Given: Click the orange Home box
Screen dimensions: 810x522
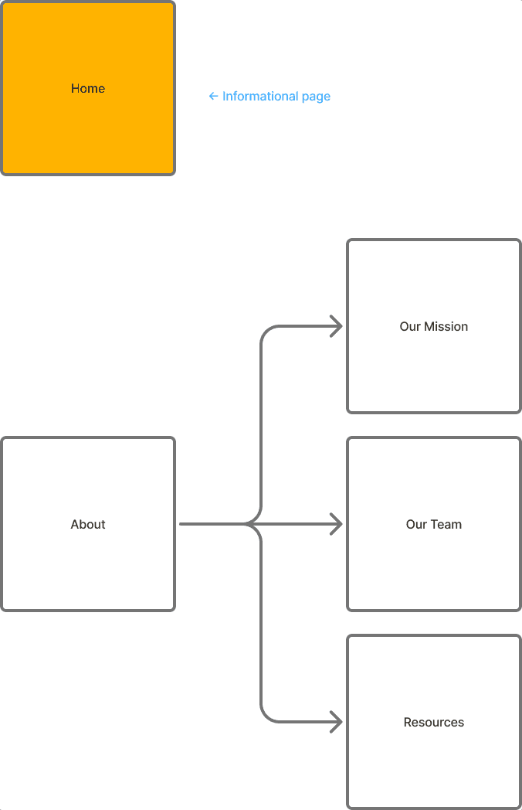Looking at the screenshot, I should click(88, 46).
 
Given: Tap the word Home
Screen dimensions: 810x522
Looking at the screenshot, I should click(88, 89).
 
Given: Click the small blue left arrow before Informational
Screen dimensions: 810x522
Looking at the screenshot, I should click(213, 97).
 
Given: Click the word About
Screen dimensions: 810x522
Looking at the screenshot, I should click(88, 525).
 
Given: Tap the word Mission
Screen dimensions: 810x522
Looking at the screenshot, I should click(445, 327).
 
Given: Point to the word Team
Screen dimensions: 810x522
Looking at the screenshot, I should click(446, 525).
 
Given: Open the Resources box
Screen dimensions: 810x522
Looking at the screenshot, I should click(434, 765).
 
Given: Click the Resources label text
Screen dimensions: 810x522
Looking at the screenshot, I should click(434, 723).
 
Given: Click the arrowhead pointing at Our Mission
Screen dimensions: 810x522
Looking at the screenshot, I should click(337, 326).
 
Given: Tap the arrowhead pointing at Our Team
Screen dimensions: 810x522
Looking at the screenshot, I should click(337, 524).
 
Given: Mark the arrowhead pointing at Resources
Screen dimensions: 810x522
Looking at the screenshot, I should click(337, 722).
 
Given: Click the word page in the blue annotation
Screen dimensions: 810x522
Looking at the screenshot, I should click(316, 97).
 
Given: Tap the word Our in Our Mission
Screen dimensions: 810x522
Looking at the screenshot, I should click(410, 327).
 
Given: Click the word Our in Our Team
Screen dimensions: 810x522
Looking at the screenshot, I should click(416, 525).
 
